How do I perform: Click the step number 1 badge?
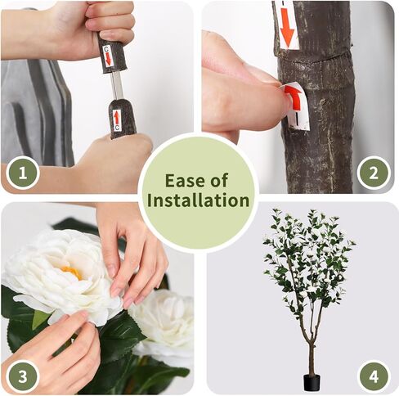tap(23, 173)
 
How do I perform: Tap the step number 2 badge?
tap(374, 173)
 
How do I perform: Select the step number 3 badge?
tap(23, 376)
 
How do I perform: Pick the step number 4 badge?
tap(374, 376)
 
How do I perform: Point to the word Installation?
tap(198, 200)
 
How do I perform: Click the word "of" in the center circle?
tap(218, 181)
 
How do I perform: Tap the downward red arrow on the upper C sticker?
tap(109, 58)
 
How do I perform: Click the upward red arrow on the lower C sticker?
tap(117, 118)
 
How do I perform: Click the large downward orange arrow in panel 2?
tap(287, 27)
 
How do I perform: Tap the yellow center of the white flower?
tap(71, 272)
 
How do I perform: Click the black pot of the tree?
tap(312, 383)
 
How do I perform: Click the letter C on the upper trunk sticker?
tap(106, 49)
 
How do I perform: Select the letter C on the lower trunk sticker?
tap(117, 128)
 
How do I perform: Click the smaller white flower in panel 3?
tap(164, 322)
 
